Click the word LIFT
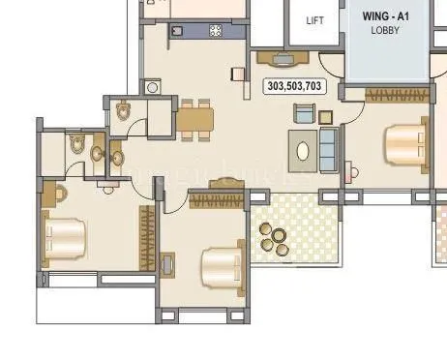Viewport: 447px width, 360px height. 314,19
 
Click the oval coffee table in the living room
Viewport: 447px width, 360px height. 304,151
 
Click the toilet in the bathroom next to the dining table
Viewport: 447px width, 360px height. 121,112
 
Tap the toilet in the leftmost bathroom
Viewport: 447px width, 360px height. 76,145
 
